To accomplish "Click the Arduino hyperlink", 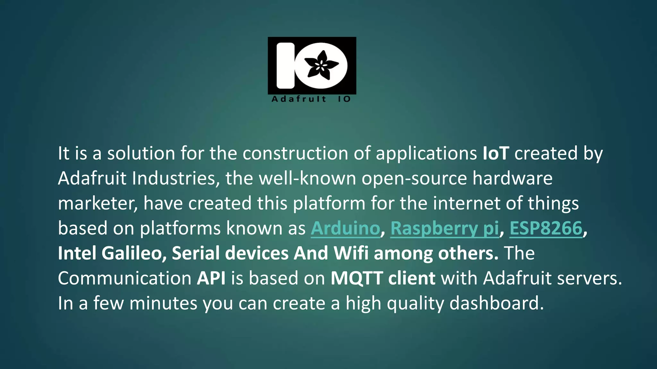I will point(345,228).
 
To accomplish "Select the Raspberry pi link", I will point(445,228).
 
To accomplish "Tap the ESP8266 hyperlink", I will point(546,228).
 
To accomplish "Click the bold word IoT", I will point(496,153).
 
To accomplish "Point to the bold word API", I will point(211,278).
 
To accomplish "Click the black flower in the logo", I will point(321,65).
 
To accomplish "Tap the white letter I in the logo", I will point(286,65).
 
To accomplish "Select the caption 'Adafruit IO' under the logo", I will point(311,99).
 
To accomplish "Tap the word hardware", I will point(512,178).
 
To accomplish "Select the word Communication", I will point(125,278).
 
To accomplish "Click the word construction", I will point(295,153).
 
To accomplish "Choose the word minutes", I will point(163,303).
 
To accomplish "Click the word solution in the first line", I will point(141,153).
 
